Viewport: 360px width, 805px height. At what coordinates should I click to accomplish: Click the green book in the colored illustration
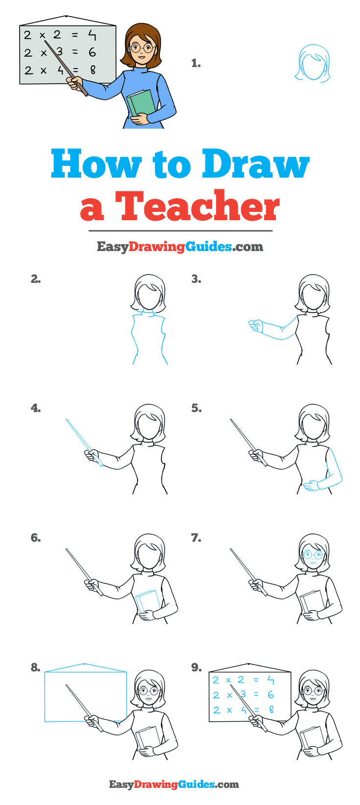coord(141,103)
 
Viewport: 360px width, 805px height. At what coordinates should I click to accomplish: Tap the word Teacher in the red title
coord(197,206)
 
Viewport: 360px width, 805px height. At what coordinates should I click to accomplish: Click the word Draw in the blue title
coord(256,164)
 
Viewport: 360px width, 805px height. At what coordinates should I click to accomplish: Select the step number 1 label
coord(196,63)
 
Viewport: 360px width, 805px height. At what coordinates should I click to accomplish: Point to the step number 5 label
coord(196,408)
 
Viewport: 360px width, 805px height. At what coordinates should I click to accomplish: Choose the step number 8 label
coord(35,667)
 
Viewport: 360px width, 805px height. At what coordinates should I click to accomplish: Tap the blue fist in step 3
coord(255,325)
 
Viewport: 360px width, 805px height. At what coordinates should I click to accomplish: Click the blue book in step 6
coord(147,601)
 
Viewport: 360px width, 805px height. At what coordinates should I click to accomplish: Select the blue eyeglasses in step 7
coord(313,555)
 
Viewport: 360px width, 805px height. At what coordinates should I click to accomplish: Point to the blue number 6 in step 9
coord(270,694)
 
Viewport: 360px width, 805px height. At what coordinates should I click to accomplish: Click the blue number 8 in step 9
coord(271,709)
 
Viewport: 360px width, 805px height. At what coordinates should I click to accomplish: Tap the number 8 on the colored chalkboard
coord(92,70)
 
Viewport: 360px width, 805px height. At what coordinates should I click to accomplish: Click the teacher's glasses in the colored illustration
coord(142,48)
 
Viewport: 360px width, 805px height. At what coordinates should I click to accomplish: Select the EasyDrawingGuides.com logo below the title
coord(180,247)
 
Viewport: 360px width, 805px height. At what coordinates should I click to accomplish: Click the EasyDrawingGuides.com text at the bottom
coord(174,784)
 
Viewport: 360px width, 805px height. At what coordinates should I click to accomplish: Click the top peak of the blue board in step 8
coord(85,664)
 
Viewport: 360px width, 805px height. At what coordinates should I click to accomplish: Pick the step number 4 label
coord(35,408)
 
